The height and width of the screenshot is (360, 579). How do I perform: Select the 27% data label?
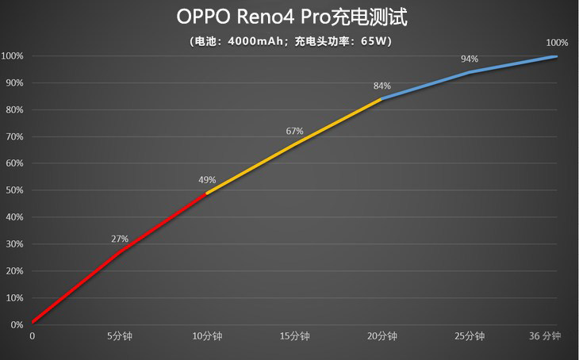(120, 239)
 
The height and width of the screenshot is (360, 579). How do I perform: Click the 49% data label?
(207, 180)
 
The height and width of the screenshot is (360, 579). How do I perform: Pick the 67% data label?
(294, 131)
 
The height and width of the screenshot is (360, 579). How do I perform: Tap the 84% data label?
(382, 86)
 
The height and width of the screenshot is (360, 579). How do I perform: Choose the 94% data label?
(470, 59)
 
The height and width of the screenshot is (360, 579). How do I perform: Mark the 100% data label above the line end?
(557, 43)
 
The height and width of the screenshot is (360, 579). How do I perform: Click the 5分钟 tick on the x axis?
(120, 336)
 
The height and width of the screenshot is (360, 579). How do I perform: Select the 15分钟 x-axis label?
(294, 336)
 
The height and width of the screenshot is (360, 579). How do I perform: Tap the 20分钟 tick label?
(382, 336)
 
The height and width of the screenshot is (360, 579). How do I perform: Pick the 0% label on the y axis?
(16, 325)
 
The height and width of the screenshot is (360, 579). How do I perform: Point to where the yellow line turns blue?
(382, 99)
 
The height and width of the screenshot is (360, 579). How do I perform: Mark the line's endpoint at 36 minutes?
(556, 56)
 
